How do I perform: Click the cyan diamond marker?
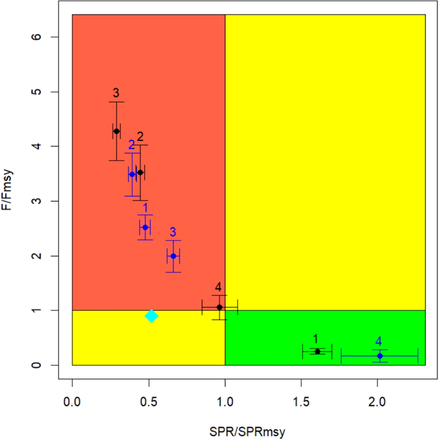[x=152, y=316]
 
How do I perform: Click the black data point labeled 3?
[x=116, y=131]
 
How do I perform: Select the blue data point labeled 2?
[x=132, y=174]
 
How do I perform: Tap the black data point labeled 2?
[x=140, y=172]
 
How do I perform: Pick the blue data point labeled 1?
[x=145, y=227]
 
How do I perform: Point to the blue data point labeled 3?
[x=173, y=256]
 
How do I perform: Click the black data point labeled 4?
[x=219, y=307]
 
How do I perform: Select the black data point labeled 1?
[x=317, y=351]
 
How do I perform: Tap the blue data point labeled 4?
[x=380, y=356]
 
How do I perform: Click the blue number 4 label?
[x=378, y=341]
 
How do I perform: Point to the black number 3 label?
[x=116, y=93]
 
